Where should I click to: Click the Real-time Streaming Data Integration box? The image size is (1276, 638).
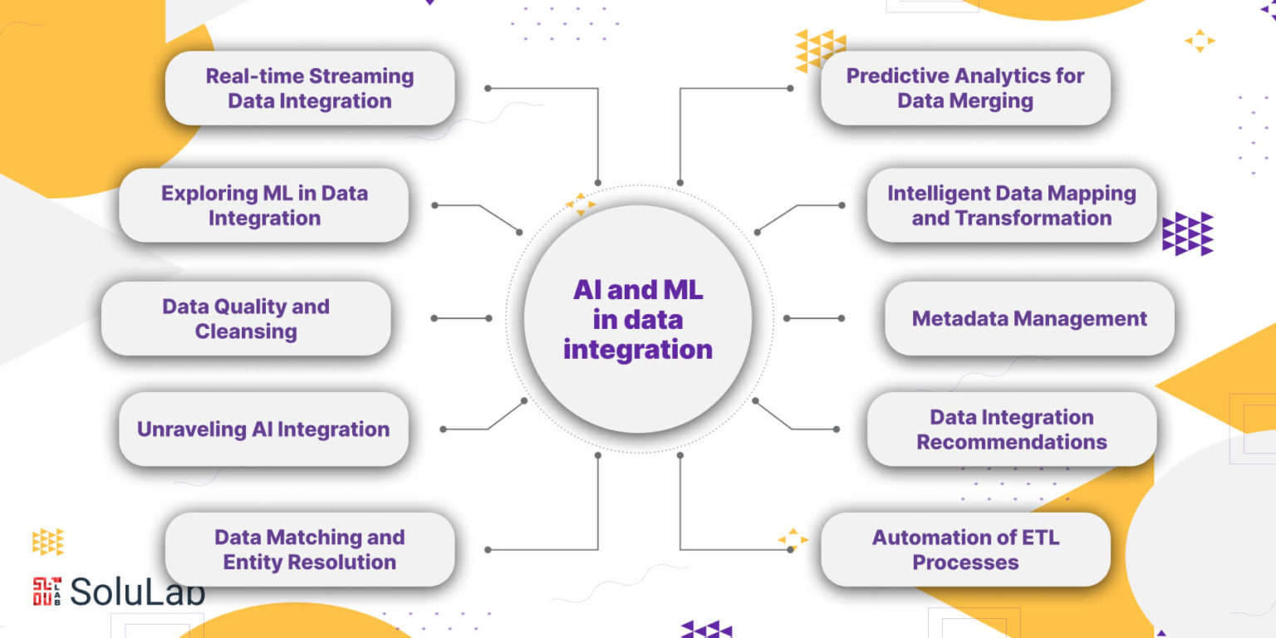click(310, 88)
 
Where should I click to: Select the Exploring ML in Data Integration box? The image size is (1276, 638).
click(264, 205)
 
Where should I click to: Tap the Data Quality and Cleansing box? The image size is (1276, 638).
click(246, 318)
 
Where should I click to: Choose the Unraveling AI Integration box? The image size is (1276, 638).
click(264, 429)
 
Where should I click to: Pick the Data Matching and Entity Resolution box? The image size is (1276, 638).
click(310, 549)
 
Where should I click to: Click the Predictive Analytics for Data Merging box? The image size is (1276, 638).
click(965, 88)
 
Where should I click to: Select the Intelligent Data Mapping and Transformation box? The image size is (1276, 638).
click(1011, 205)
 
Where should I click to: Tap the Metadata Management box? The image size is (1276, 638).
click(1029, 318)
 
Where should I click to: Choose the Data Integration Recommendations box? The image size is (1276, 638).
click(1011, 429)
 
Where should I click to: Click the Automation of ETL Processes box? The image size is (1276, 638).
click(965, 549)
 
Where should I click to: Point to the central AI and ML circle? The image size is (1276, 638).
click(638, 319)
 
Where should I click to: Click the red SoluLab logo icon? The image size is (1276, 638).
click(47, 591)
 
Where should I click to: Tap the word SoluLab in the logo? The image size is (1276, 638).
click(137, 591)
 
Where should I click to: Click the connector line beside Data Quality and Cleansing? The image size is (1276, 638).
click(462, 318)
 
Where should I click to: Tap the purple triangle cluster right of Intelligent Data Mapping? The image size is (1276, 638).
click(1187, 233)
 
